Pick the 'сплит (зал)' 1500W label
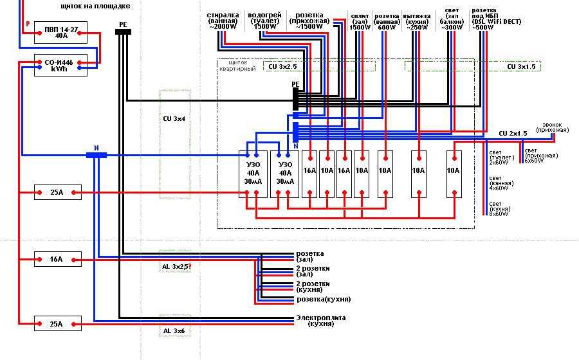point(360,21)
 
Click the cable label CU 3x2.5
point(282,66)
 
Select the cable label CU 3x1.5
point(521,66)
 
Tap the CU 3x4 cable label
point(174,119)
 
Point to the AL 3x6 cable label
point(174,330)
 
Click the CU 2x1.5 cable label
point(513,133)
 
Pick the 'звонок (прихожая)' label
point(555,127)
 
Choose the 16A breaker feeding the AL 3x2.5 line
point(58,260)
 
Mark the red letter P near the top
point(28,24)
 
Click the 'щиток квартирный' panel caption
point(239,66)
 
